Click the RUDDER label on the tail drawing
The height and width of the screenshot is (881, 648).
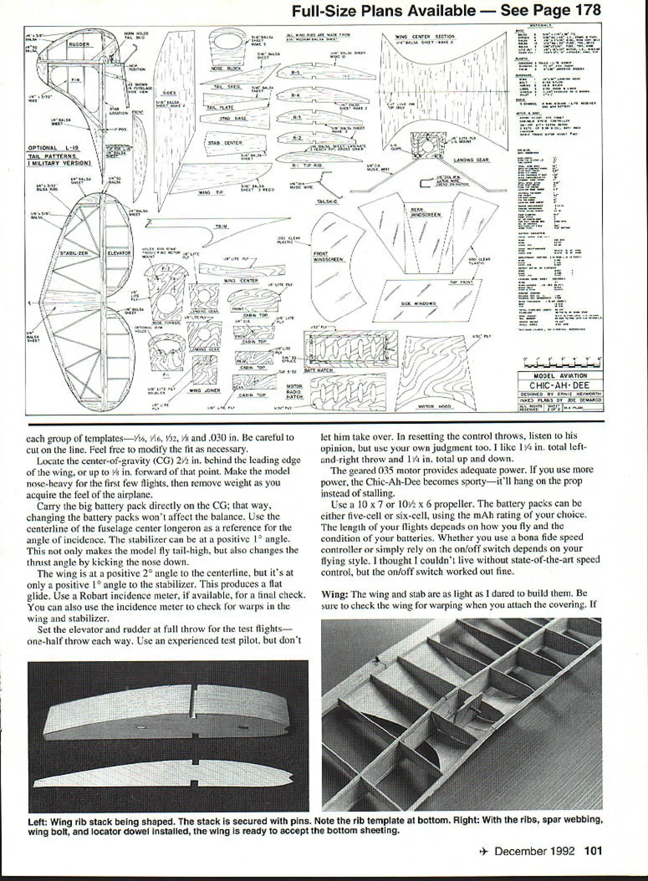[78, 44]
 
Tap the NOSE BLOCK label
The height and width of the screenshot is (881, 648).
[226, 69]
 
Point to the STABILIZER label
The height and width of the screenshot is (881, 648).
[74, 253]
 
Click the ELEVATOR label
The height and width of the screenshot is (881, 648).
[119, 253]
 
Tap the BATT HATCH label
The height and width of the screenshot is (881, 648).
[319, 371]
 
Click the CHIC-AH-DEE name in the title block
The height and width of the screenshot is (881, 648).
[559, 385]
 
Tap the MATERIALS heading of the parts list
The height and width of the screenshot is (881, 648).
[540, 24]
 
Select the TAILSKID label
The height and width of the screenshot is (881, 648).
[326, 201]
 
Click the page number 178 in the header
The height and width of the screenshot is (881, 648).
[585, 10]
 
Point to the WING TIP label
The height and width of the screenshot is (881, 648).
[210, 192]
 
